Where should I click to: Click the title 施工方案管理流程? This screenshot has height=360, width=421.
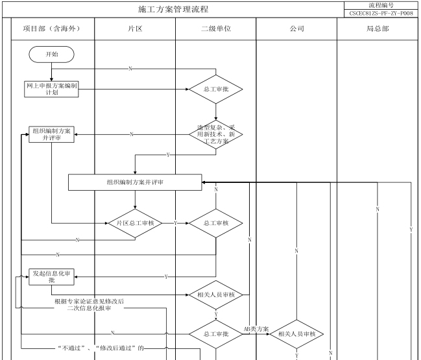[174, 10]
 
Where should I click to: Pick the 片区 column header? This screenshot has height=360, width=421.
[135, 29]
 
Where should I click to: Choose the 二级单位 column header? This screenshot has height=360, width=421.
[215, 29]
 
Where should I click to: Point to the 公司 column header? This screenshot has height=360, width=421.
[296, 29]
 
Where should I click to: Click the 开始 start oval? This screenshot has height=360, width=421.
[51, 54]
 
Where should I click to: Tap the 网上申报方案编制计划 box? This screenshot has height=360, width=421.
[51, 89]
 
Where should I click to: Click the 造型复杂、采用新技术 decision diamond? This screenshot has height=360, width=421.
[215, 135]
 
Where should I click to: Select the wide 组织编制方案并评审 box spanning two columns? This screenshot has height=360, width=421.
[135, 183]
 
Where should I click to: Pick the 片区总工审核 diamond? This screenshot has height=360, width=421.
[135, 223]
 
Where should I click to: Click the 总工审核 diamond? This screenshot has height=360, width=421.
[215, 223]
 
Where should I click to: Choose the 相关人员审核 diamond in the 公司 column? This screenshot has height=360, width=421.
[296, 334]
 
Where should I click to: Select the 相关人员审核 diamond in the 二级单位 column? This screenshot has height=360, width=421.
[215, 295]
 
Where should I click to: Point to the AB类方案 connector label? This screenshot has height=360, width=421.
[256, 329]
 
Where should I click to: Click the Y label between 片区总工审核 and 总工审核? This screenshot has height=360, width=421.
[175, 223]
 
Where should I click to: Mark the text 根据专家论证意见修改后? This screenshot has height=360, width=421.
[90, 301]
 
